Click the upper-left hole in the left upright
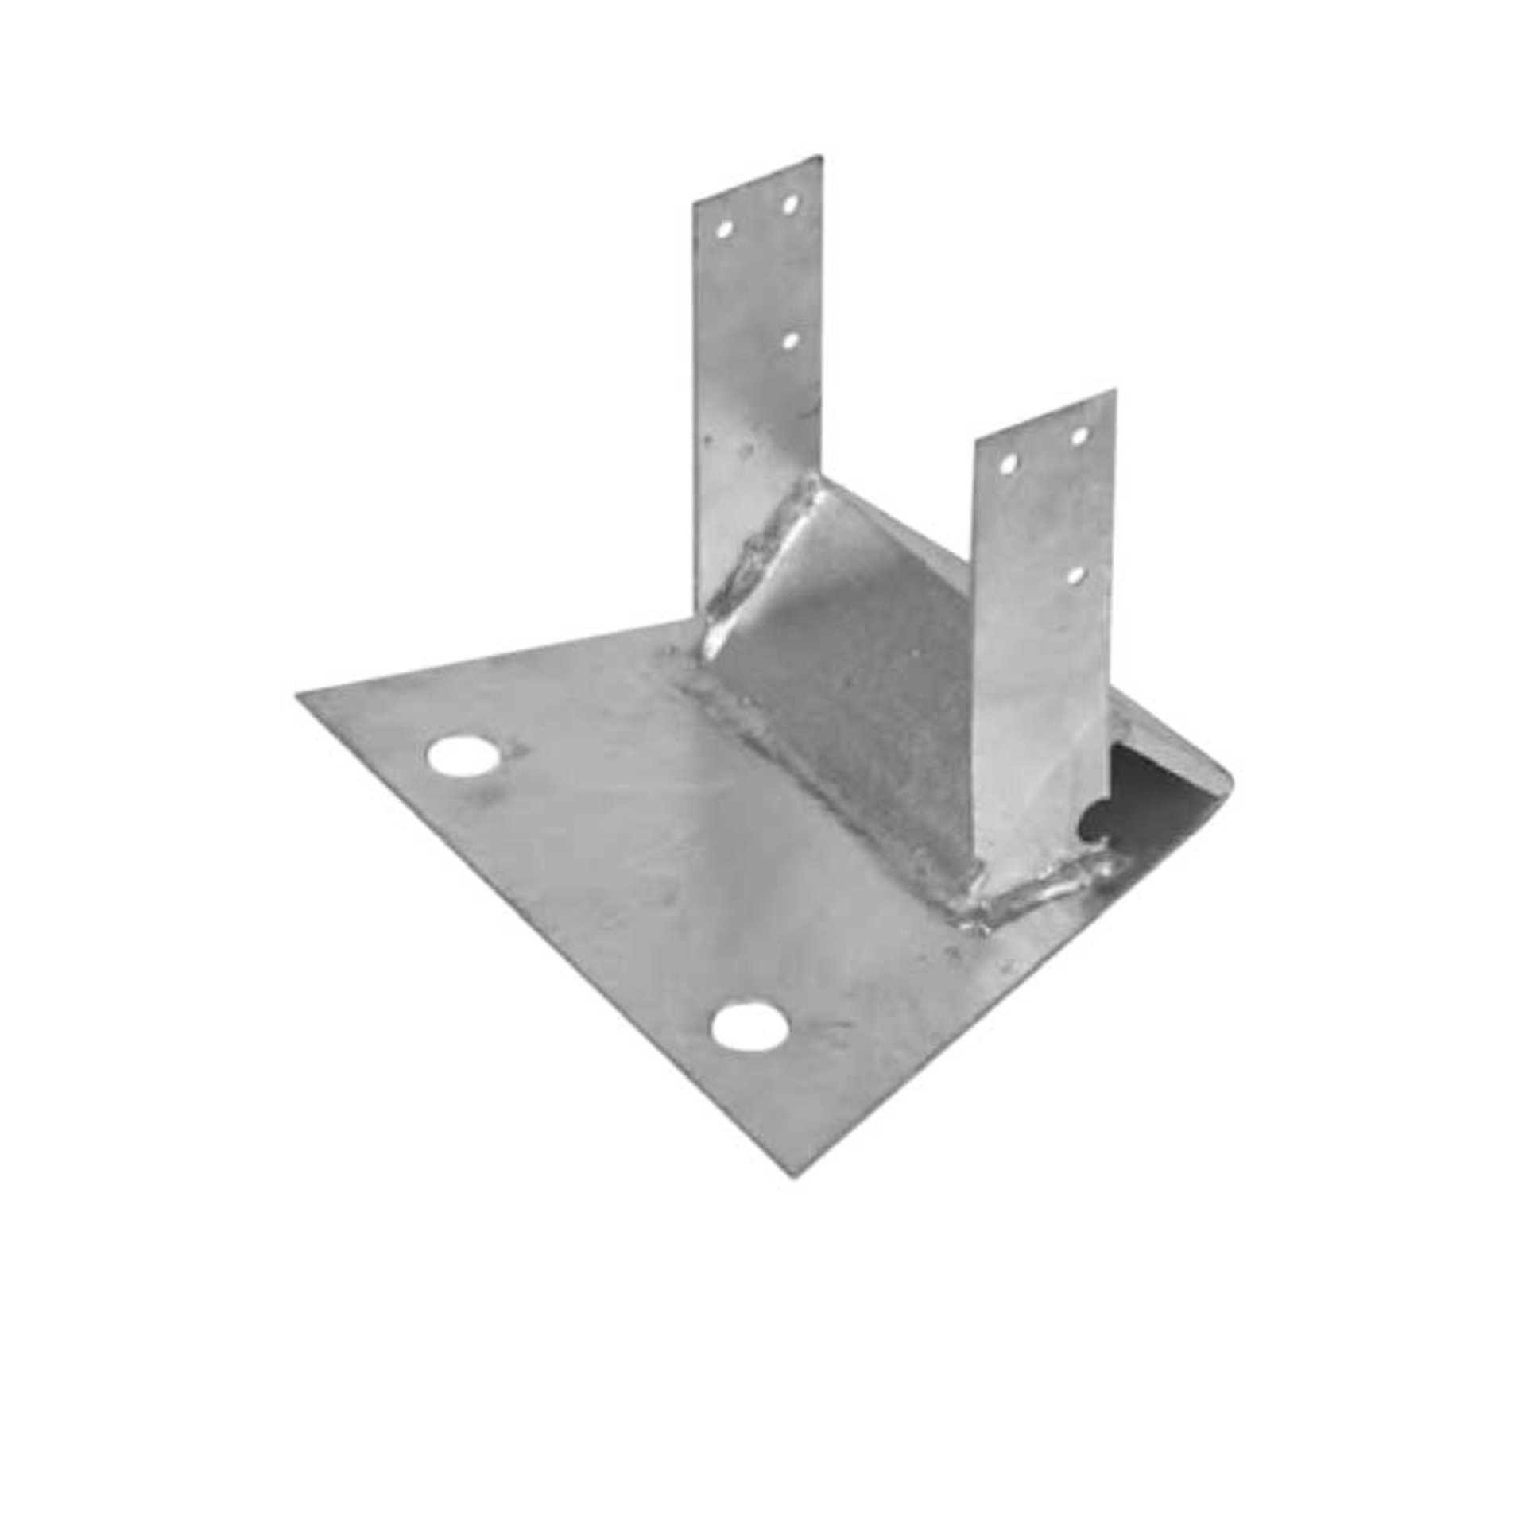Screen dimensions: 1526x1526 724,230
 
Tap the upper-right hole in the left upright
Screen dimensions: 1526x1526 789,205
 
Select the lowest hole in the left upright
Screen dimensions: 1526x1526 790,340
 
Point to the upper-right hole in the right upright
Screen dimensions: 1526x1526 1079,436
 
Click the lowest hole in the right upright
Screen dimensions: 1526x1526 1076,573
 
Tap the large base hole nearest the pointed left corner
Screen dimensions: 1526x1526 460,756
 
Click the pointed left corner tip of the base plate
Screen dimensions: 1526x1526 298,696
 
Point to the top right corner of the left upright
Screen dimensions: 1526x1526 820,157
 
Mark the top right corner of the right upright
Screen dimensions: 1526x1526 1114,391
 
